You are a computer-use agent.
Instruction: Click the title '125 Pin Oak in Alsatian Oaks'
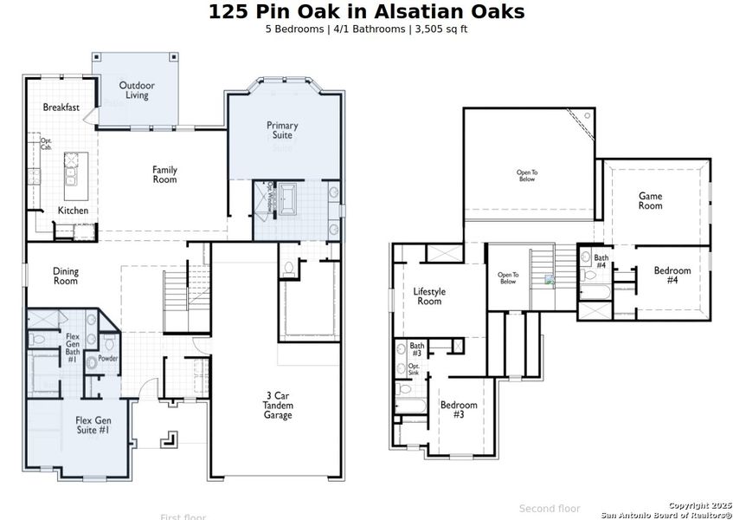366,11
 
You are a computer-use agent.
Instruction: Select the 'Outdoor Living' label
137,90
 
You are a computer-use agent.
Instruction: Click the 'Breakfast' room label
61,107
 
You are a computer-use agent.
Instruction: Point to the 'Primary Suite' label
282,130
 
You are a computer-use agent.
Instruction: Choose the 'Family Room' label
164,174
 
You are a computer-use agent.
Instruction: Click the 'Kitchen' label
73,211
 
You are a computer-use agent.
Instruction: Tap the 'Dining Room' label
66,276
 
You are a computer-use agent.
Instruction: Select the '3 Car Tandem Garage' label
279,406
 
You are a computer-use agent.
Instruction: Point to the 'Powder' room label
108,358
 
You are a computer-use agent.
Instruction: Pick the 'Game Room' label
650,201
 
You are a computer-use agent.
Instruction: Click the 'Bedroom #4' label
672,276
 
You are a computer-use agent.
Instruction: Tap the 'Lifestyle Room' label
429,296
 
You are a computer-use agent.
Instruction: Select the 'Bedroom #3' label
459,409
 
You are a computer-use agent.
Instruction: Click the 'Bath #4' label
601,261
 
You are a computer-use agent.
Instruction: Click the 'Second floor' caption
550,508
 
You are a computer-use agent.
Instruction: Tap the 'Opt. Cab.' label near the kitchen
46,144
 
